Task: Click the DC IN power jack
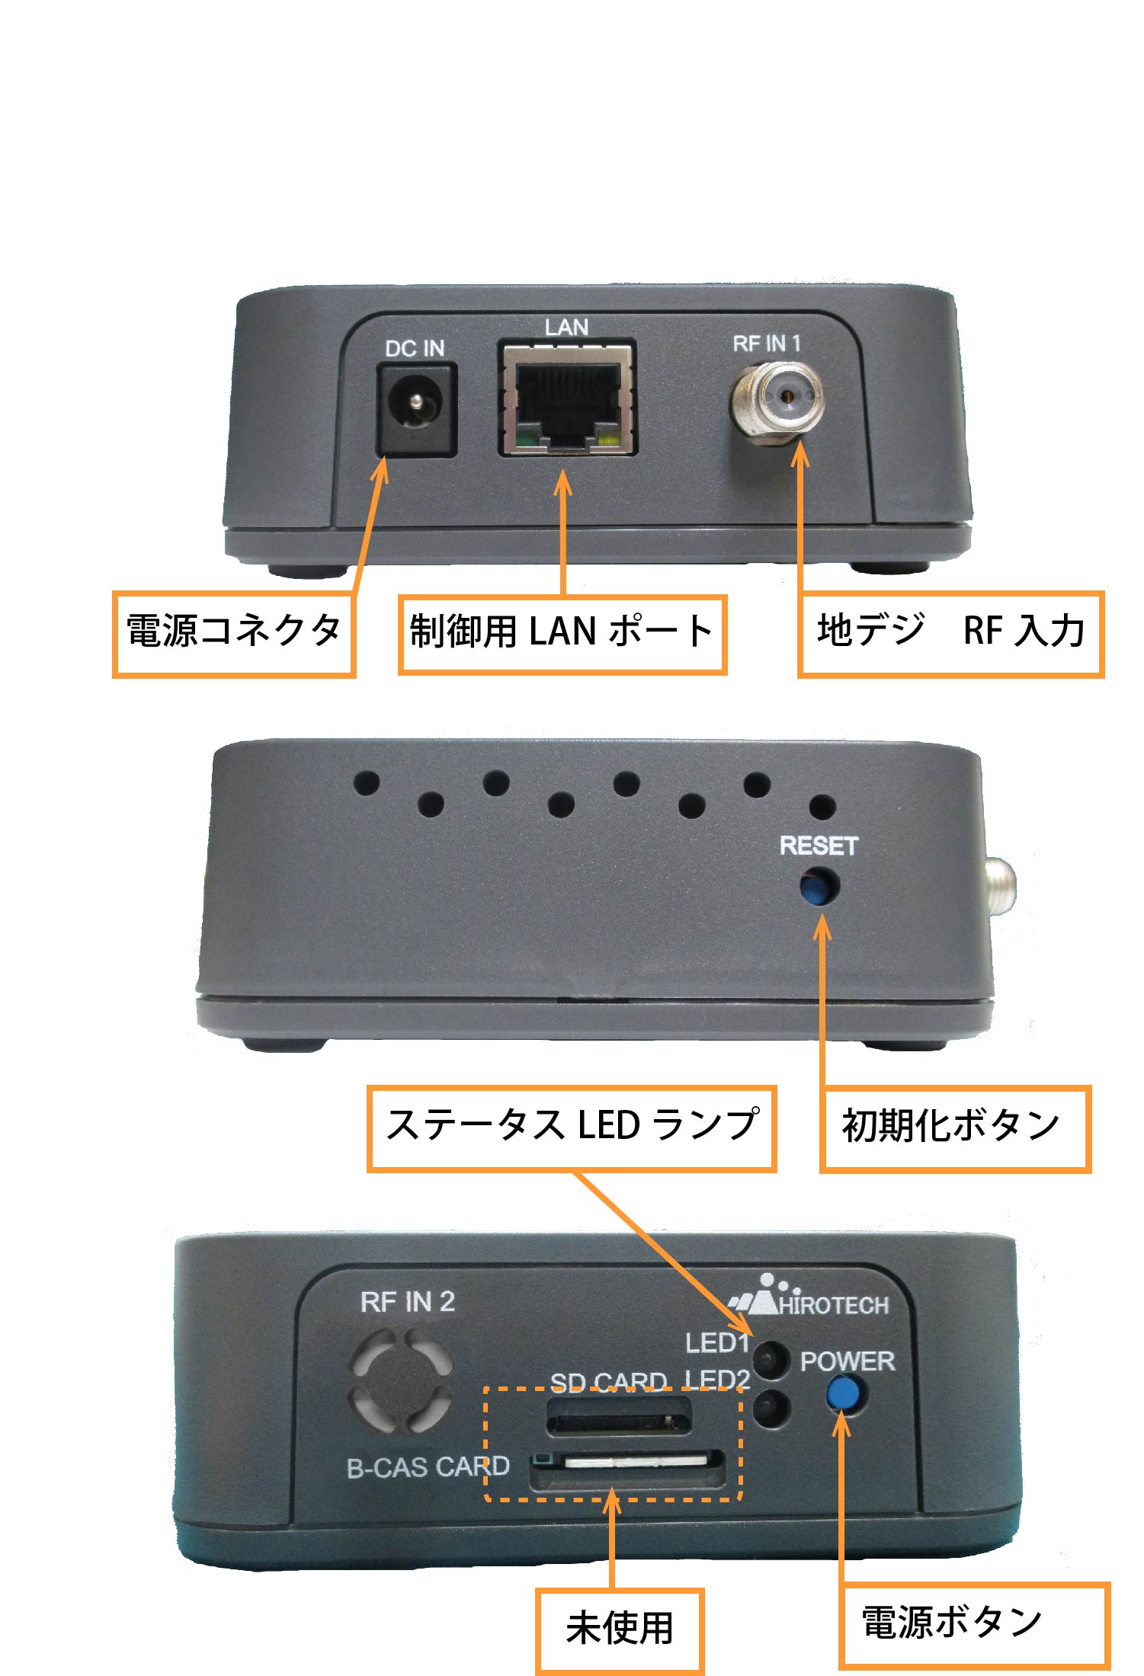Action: [x=417, y=410]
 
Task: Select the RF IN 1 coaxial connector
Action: [x=777, y=398]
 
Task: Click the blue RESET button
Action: [x=819, y=888]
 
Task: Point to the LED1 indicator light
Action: [x=771, y=1358]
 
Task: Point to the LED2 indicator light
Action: [x=771, y=1407]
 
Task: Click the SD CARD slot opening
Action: [x=619, y=1416]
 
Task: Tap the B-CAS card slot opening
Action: [x=628, y=1467]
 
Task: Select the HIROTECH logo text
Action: [x=834, y=1305]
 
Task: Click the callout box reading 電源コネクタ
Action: [x=234, y=634]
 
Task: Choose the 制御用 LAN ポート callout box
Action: [x=562, y=634]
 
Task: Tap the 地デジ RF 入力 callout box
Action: [x=950, y=634]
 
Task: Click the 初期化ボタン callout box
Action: [x=955, y=1128]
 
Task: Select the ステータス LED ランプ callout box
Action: [x=572, y=1128]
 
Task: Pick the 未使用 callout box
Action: [x=619, y=1631]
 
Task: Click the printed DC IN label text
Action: [x=415, y=348]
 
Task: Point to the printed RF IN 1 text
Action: [x=767, y=344]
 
